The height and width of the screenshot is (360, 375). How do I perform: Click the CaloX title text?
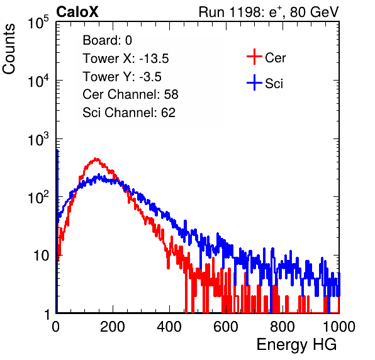pyautogui.click(x=77, y=12)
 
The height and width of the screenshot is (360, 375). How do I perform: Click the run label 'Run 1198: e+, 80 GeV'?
pyautogui.click(x=269, y=12)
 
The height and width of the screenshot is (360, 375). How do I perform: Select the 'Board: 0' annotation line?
pyautogui.click(x=107, y=40)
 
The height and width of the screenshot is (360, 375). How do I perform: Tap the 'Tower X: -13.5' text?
pyautogui.click(x=126, y=59)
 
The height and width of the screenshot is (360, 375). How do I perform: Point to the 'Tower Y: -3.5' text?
pyautogui.click(x=122, y=77)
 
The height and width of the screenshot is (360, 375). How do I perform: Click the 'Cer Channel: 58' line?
pyautogui.click(x=130, y=94)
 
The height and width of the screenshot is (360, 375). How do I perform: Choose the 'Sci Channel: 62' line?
pyautogui.click(x=129, y=113)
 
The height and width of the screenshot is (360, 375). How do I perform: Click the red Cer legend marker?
pyautogui.click(x=254, y=57)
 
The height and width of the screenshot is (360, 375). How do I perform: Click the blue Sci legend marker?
pyautogui.click(x=254, y=82)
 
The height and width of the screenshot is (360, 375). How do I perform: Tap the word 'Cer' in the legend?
pyautogui.click(x=275, y=58)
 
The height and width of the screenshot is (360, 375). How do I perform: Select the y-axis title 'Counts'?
pyautogui.click(x=9, y=48)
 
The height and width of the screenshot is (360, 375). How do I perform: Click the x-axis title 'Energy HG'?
pyautogui.click(x=296, y=345)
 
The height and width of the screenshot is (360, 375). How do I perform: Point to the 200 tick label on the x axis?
pyautogui.click(x=113, y=327)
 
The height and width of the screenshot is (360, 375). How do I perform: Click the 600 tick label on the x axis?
pyautogui.click(x=226, y=327)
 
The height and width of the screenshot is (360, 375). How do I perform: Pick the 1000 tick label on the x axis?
pyautogui.click(x=339, y=327)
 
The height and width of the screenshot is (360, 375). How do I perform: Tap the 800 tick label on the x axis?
pyautogui.click(x=283, y=327)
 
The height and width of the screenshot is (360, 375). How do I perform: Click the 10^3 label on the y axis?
pyautogui.click(x=38, y=138)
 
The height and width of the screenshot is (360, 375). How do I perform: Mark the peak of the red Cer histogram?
pyautogui.click(x=96, y=159)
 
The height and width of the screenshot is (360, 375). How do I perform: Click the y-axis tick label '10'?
pyautogui.click(x=41, y=256)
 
